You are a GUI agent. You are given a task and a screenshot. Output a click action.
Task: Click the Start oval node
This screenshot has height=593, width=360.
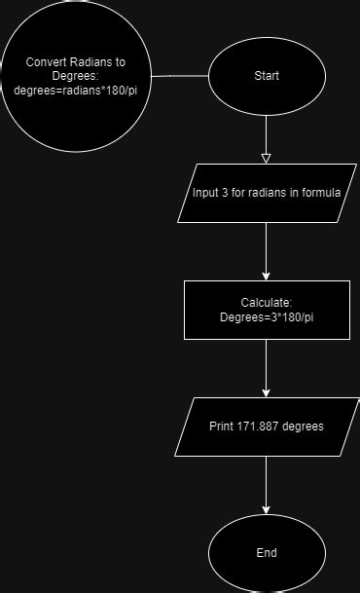pyautogui.click(x=266, y=75)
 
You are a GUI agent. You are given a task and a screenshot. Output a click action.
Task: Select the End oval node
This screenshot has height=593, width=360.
pyautogui.click(x=266, y=552)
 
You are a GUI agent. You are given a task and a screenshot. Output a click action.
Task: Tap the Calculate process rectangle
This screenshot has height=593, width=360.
pyautogui.click(x=266, y=310)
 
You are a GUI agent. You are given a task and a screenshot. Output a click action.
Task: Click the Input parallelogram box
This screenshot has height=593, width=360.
pyautogui.click(x=266, y=192)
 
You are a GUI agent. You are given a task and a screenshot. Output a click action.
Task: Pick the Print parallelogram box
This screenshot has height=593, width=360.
pyautogui.click(x=266, y=426)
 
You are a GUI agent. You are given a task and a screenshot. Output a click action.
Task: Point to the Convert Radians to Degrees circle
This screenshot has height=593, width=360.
pyautogui.click(x=76, y=76)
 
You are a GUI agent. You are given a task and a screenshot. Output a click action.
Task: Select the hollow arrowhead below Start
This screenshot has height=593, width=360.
pyautogui.click(x=266, y=156)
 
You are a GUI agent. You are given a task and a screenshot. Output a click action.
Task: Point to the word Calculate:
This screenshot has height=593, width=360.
pyautogui.click(x=266, y=303)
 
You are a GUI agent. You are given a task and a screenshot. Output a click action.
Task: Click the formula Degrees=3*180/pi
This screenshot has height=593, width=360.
pyautogui.click(x=266, y=317)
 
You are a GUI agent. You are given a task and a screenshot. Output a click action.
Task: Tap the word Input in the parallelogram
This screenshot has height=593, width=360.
pyautogui.click(x=206, y=192)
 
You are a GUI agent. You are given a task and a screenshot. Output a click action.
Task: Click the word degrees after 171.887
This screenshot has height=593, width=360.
pyautogui.click(x=303, y=426)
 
